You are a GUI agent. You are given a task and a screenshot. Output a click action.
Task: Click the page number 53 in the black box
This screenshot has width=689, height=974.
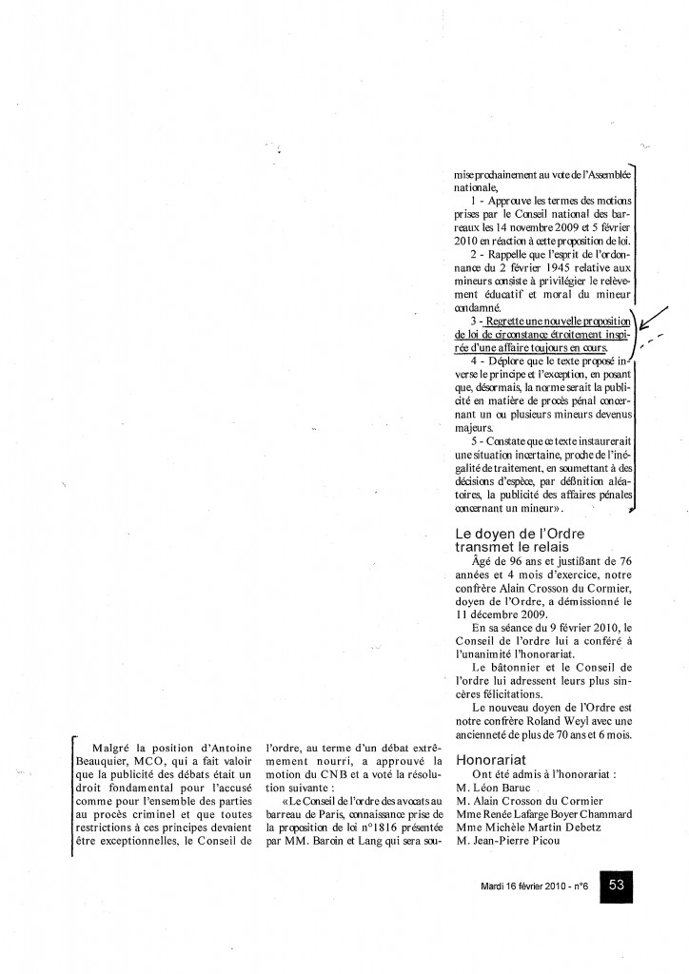(616, 885)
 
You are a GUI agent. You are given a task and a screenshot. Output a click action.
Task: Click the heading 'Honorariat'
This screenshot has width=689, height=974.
(489, 760)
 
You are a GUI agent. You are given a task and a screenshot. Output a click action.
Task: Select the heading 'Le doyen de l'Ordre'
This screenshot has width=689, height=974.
(520, 533)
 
